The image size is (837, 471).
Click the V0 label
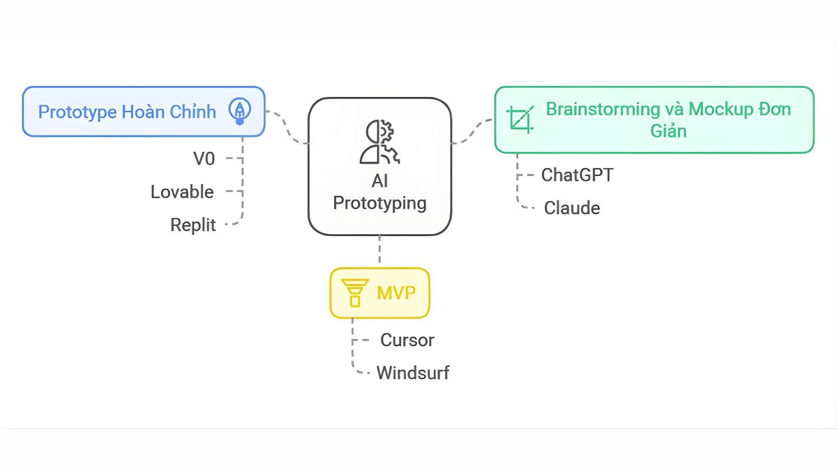click(204, 159)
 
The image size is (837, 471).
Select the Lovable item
click(182, 192)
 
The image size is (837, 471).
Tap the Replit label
click(193, 225)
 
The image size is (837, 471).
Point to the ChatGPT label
click(577, 174)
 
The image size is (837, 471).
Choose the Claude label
click(571, 208)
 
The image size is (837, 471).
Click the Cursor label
click(407, 341)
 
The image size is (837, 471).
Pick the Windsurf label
click(412, 373)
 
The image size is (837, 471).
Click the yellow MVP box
click(379, 292)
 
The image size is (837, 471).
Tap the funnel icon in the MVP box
click(354, 292)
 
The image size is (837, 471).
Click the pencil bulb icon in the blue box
click(240, 112)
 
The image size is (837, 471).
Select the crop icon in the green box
click(520, 119)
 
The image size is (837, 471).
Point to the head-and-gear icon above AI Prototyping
click(379, 142)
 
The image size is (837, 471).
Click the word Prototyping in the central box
click(379, 203)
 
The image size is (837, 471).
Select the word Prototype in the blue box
click(77, 112)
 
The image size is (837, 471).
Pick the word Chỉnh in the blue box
click(192, 112)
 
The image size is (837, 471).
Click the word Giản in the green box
click(668, 131)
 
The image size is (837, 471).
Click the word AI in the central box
click(379, 181)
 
